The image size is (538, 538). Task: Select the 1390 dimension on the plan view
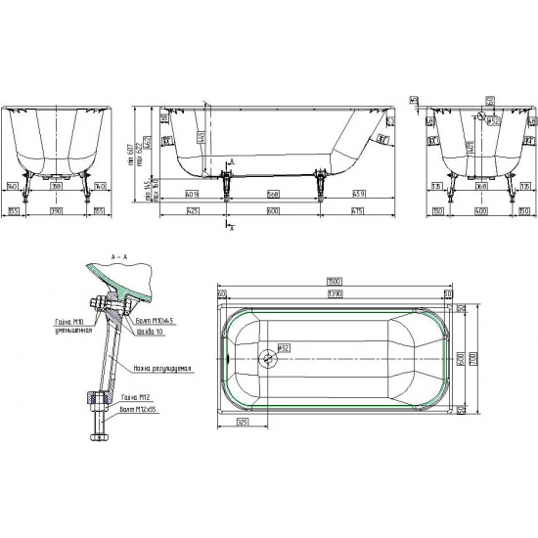pos(335,293)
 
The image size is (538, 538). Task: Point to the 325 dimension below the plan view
pos(241,422)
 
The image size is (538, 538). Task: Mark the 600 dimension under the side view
pos(274,210)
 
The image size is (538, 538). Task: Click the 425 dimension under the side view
pos(193,210)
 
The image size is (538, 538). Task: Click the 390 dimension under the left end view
pos(56,210)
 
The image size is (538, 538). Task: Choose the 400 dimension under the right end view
pos(480,210)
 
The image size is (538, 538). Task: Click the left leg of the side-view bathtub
pos(228,180)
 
